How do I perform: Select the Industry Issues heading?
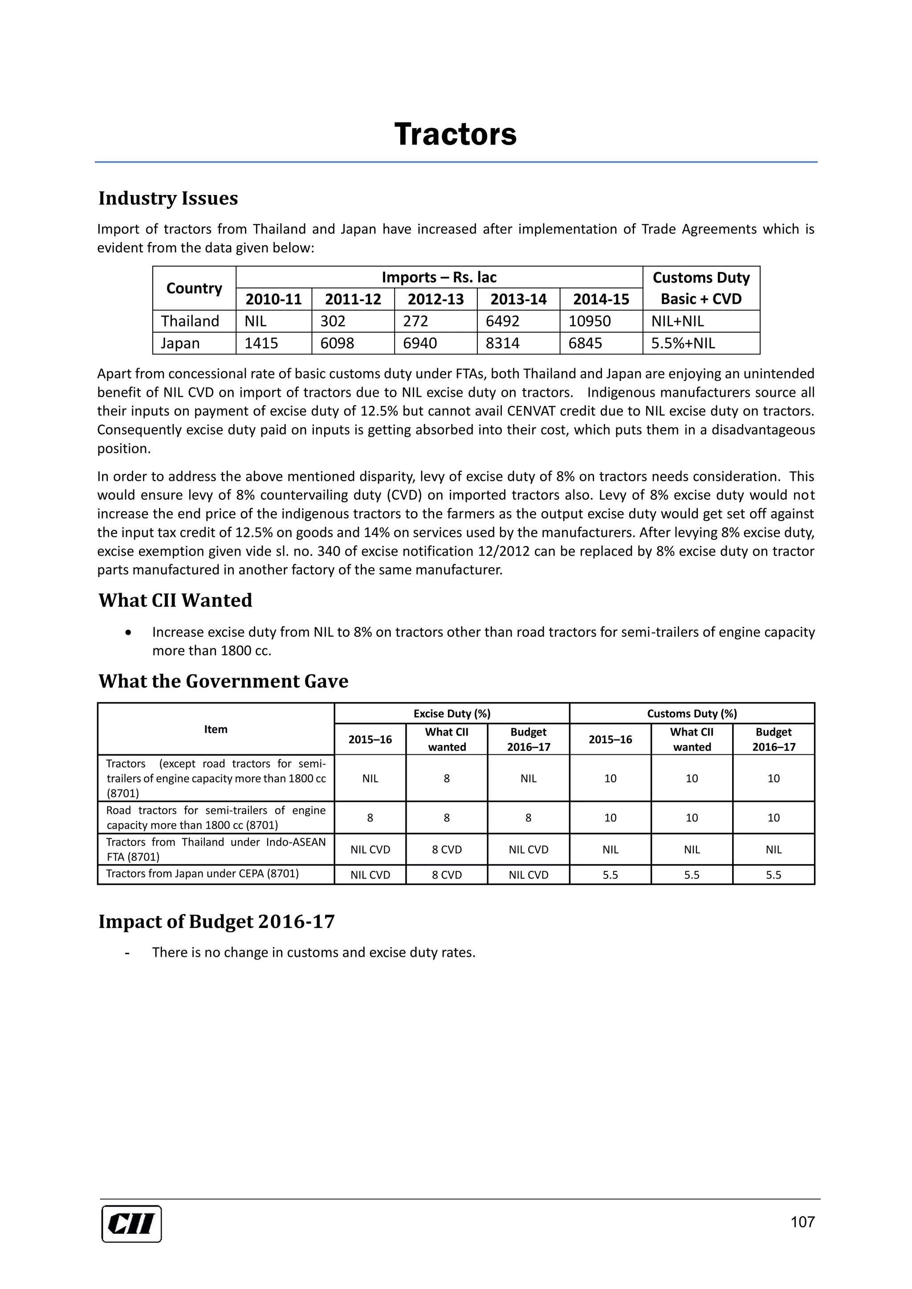point(168,198)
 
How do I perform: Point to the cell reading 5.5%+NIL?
point(683,343)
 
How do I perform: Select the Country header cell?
point(194,288)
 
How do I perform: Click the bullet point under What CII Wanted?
point(129,633)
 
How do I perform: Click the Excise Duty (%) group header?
point(452,714)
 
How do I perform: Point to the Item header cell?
point(216,729)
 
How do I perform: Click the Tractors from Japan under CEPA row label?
point(202,874)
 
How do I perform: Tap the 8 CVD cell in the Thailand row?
point(447,850)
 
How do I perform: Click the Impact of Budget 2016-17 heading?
point(216,921)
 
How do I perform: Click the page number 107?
point(802,1222)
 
